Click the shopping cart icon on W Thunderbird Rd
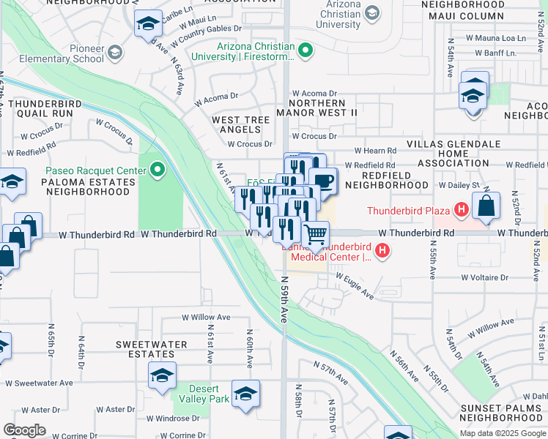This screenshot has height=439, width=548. [x=315, y=235]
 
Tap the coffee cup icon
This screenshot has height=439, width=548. [x=322, y=181]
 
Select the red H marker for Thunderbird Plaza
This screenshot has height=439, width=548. [x=461, y=211]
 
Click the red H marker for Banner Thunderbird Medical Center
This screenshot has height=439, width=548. [x=382, y=252]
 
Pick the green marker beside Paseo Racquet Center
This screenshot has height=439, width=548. [x=157, y=171]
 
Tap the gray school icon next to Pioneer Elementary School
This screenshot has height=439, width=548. [x=114, y=52]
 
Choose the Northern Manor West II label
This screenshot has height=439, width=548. [x=316, y=113]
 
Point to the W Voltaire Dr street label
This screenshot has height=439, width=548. [x=484, y=278]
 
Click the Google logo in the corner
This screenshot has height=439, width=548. [x=24, y=430]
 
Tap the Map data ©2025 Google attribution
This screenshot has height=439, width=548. [x=503, y=433]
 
